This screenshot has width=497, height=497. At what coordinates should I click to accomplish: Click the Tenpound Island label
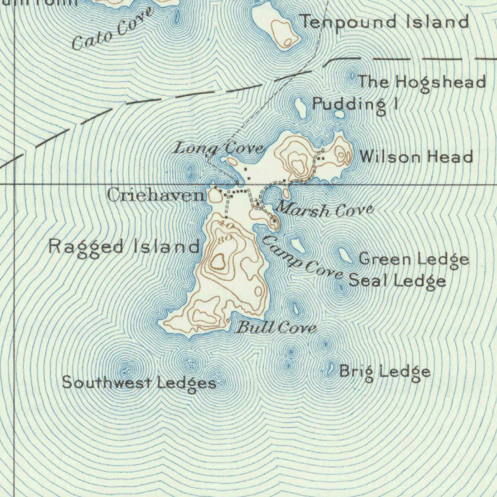[x=384, y=22]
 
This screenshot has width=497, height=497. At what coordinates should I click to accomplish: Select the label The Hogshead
[x=422, y=82]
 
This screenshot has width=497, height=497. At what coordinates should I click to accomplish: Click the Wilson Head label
[x=416, y=157]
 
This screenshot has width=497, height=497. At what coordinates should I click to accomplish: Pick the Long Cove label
[x=219, y=149]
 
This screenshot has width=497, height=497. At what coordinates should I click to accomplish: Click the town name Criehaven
[x=156, y=196]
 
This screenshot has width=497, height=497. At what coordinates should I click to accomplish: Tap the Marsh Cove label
[x=325, y=210]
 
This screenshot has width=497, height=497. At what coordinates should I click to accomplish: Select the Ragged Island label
[x=124, y=247]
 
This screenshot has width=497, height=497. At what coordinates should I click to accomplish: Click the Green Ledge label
[x=414, y=260]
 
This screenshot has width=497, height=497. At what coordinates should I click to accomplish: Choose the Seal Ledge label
[x=398, y=281]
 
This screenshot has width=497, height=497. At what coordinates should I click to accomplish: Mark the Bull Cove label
[x=276, y=328]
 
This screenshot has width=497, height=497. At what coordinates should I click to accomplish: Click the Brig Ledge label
[x=384, y=372]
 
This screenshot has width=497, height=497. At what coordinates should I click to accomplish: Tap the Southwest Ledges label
[x=139, y=383]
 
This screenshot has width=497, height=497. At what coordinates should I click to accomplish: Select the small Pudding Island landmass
[x=301, y=108]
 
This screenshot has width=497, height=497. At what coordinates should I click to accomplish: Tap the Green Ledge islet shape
[x=345, y=254]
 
